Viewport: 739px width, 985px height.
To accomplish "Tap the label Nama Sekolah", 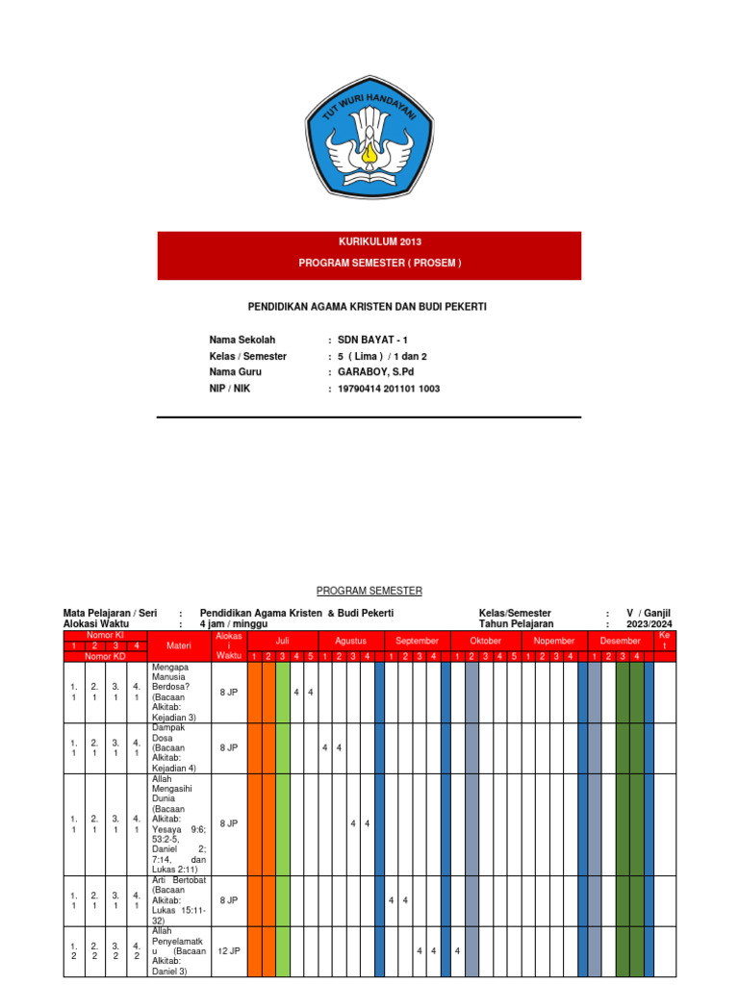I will [242, 340].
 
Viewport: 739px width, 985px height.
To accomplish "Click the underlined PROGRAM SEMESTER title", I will [369, 591].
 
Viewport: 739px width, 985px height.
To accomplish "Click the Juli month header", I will [283, 641].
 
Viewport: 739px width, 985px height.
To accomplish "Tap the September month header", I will [417, 641].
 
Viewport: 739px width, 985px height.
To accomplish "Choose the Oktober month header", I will [486, 641].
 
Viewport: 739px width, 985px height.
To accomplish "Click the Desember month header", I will [621, 641].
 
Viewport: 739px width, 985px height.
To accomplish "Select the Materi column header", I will [179, 646].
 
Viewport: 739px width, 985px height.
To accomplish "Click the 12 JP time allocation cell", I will [228, 950].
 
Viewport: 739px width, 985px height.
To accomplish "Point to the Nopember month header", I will [553, 641].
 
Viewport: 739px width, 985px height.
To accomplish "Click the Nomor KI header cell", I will [105, 636].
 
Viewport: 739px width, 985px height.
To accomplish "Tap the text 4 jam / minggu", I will [234, 624].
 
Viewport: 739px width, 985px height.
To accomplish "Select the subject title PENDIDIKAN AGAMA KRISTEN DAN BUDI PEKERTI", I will [369, 306].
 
